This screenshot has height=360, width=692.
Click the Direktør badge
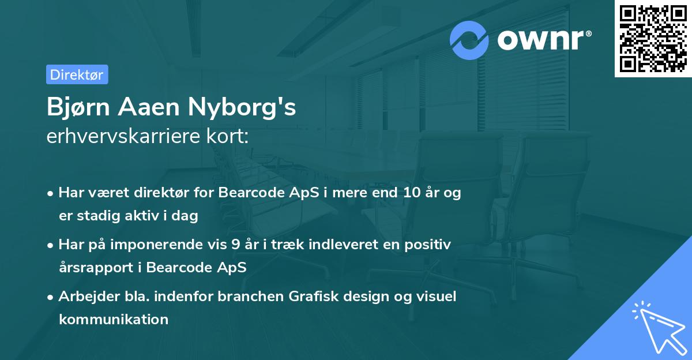[77, 74]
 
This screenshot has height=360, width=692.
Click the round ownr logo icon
[469, 40]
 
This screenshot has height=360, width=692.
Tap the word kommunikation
[114, 319]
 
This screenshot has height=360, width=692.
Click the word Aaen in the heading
[152, 107]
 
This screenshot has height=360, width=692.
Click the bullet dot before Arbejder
[51, 297]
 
